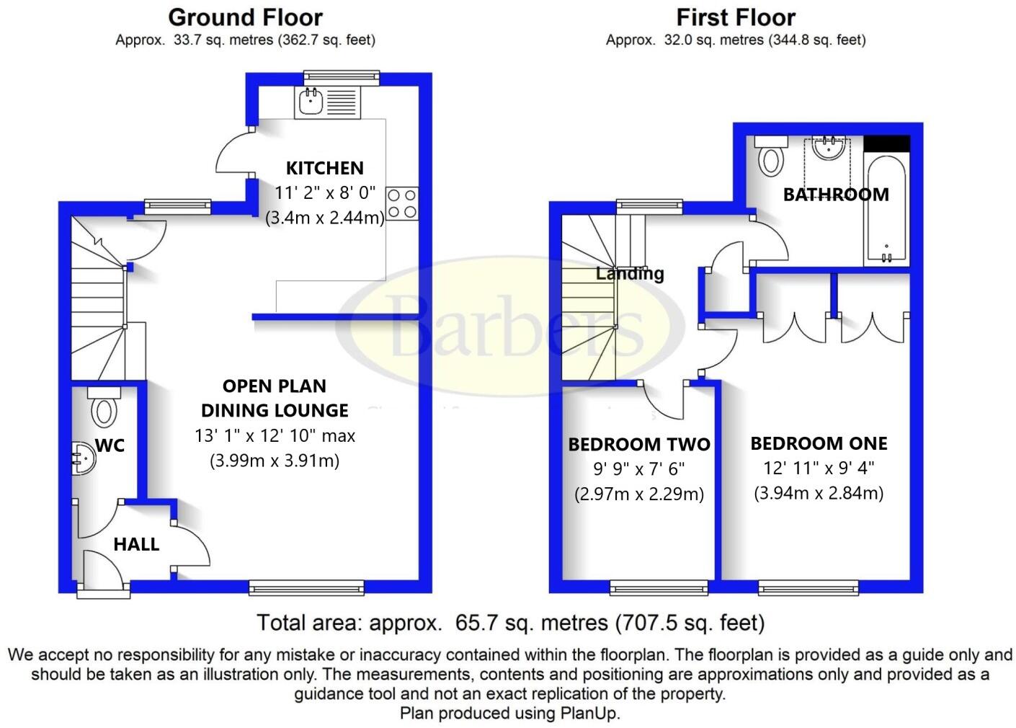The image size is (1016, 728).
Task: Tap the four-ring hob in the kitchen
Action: (402, 204)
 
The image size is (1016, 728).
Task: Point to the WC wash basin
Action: (84, 458)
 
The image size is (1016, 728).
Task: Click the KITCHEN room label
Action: (325, 168)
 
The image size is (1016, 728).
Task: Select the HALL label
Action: (136, 544)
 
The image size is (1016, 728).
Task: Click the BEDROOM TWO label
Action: (639, 445)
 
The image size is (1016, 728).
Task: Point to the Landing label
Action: (630, 273)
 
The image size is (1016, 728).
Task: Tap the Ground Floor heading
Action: (246, 18)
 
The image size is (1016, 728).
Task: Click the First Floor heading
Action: (736, 18)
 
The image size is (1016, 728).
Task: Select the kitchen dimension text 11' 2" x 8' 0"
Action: (325, 192)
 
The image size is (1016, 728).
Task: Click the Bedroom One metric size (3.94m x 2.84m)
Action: (819, 493)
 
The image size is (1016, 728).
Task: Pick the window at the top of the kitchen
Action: (341, 77)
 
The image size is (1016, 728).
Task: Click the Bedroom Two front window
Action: (659, 588)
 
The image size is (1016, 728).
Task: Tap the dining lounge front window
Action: (307, 588)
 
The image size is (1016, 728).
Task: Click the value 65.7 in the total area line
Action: (474, 623)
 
